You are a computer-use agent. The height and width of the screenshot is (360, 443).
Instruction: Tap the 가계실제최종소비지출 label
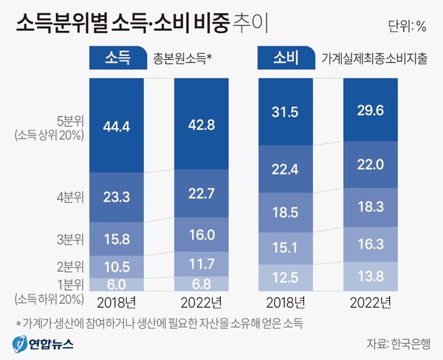click(x=374, y=58)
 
